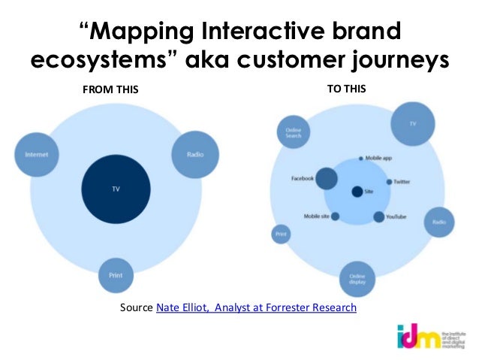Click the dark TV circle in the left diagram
(116, 188)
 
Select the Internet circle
(37, 155)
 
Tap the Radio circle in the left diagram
(194, 155)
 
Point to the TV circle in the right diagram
(412, 123)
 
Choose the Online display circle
(357, 280)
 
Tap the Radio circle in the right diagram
(440, 222)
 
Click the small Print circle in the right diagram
(280, 234)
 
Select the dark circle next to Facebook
(326, 179)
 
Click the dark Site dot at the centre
(357, 191)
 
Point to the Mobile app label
(378, 159)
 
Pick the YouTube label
(396, 217)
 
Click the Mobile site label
(316, 216)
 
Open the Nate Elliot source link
(256, 307)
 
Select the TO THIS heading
(347, 89)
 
